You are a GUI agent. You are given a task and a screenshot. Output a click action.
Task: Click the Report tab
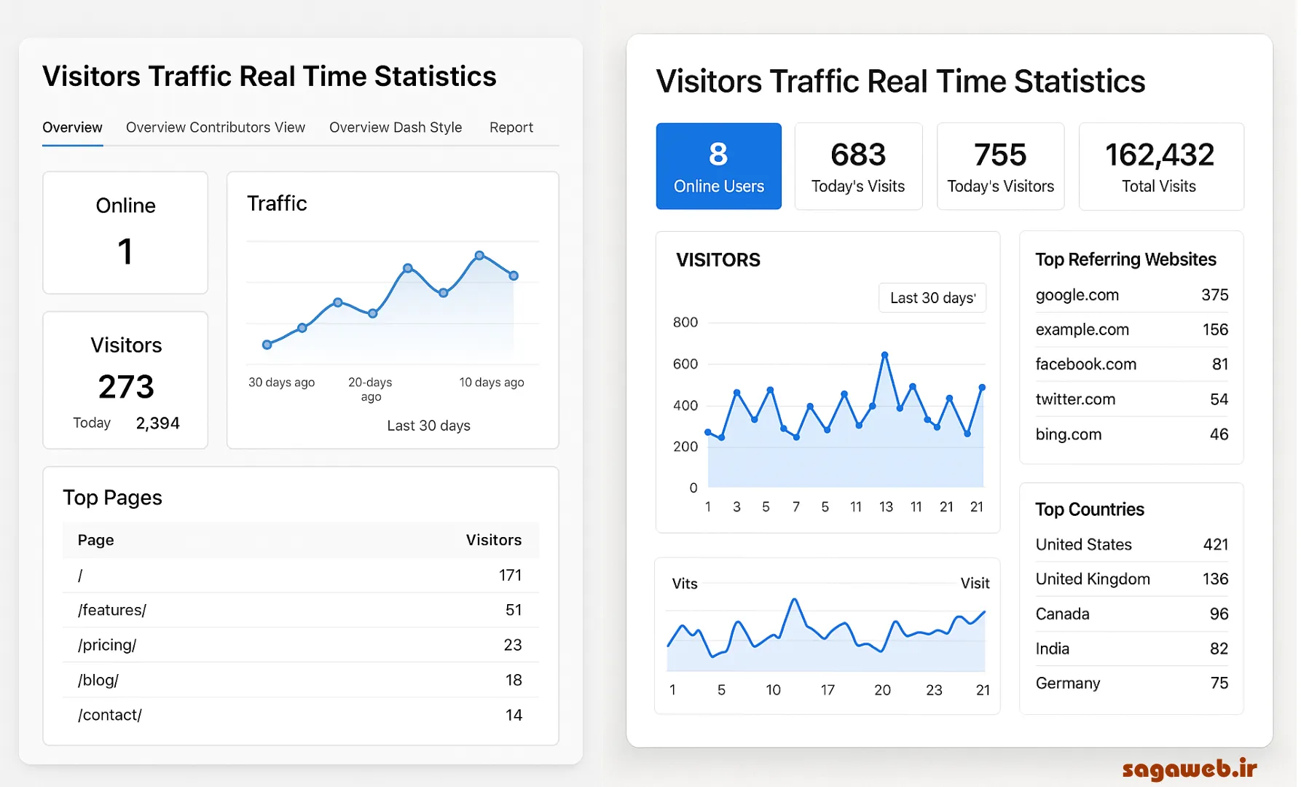click(511, 128)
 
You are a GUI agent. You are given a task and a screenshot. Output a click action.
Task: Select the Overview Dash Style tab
click(395, 128)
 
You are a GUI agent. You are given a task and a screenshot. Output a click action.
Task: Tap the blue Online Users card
click(718, 166)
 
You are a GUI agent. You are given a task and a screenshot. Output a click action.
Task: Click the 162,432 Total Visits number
click(1159, 154)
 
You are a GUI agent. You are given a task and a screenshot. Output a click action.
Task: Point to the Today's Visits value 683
click(858, 154)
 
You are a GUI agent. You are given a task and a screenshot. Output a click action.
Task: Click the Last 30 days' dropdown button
click(932, 298)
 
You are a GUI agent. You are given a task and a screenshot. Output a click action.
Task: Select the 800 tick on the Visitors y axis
click(685, 322)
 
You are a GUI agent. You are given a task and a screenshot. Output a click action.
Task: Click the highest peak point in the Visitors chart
click(884, 355)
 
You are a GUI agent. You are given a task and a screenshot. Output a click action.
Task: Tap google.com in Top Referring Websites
click(1077, 295)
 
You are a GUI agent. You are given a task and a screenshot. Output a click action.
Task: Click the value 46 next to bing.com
click(1219, 434)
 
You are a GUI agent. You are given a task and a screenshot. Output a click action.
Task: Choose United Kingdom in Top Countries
click(1093, 579)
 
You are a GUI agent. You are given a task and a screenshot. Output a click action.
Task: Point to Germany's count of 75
click(1219, 684)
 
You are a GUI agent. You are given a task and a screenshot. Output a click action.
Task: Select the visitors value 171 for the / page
click(510, 575)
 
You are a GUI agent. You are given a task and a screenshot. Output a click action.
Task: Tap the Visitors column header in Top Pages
click(493, 540)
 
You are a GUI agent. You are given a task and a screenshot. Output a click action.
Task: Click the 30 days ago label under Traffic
click(281, 383)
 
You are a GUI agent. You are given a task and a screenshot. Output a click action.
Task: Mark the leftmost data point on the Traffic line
click(267, 345)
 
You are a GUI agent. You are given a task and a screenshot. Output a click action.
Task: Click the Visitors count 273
click(126, 387)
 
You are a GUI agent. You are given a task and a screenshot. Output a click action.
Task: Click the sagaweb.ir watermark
click(1189, 769)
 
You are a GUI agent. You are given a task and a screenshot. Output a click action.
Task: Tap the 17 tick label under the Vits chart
click(828, 690)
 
